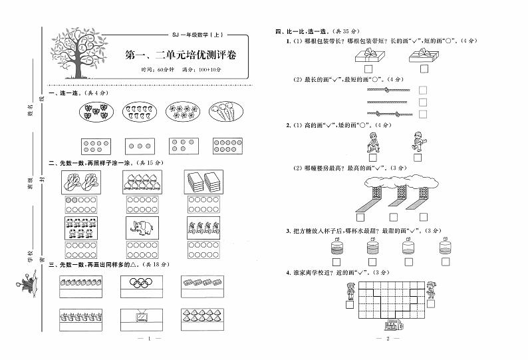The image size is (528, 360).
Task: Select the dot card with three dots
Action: click(137, 146)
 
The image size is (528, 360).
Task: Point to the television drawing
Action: click(142, 317)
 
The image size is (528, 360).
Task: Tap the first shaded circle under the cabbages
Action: click(69, 200)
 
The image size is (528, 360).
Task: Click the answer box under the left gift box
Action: click(367, 69)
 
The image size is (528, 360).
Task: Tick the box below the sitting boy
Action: click(373, 158)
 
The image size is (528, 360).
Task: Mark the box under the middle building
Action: click(394, 217)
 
